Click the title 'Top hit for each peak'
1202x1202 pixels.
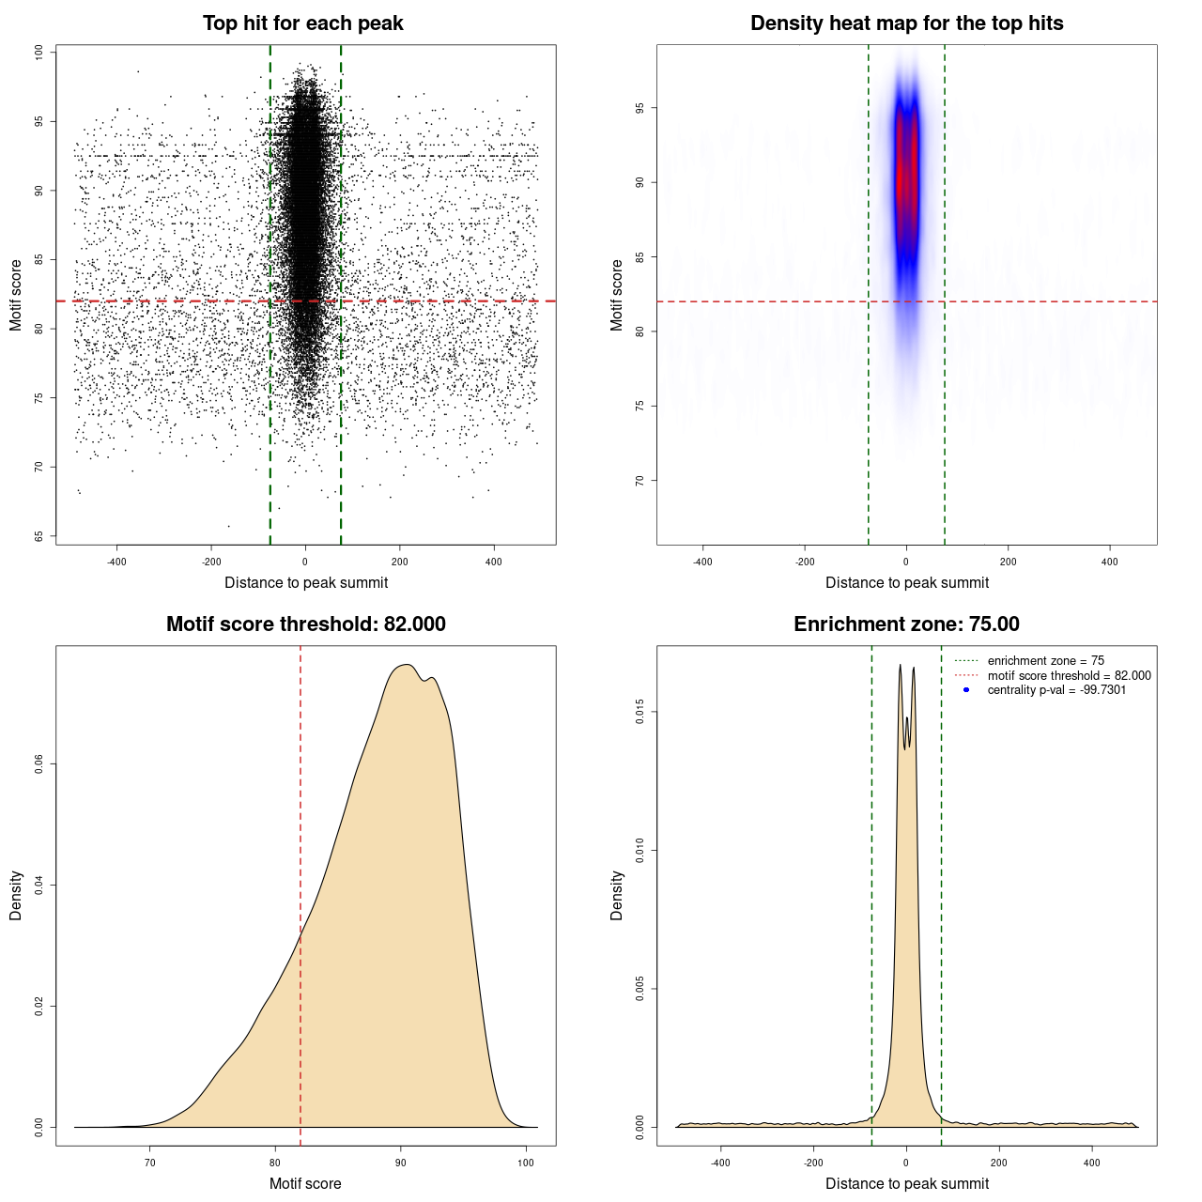pos(302,23)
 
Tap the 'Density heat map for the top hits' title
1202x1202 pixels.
pos(906,23)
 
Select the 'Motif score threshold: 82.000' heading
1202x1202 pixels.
pos(305,624)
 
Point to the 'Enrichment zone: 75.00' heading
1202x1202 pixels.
pos(906,624)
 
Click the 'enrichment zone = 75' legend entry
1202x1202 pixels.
pos(1045,661)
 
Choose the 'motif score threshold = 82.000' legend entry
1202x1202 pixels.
pos(1069,675)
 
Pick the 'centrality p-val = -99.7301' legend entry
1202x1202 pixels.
pos(1056,690)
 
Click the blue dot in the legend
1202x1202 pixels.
pos(966,690)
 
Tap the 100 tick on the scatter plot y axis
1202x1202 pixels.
pos(39,53)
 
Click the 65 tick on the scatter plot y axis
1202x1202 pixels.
pos(39,536)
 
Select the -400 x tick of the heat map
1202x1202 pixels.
pos(702,562)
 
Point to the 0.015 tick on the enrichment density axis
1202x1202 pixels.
pos(640,713)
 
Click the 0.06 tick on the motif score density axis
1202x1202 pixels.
pos(39,765)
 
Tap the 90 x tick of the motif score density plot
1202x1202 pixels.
pos(401,1163)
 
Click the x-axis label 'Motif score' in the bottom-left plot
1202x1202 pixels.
pos(305,1183)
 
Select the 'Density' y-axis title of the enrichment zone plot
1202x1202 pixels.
pos(617,895)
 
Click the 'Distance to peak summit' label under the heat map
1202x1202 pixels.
pos(906,582)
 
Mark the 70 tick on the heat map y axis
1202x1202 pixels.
pos(640,480)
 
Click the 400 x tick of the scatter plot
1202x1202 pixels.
pos(493,562)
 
